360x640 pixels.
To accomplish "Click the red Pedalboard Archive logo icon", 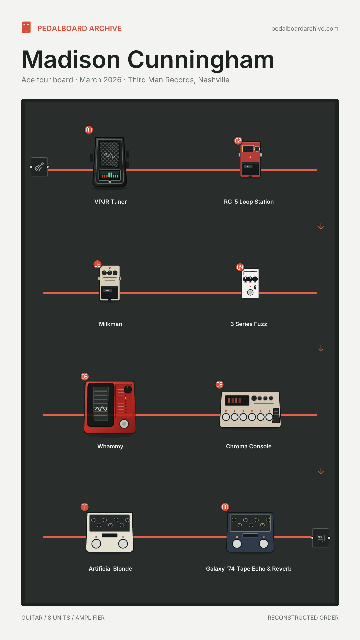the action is point(26,28).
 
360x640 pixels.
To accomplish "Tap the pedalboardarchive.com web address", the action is point(305,29).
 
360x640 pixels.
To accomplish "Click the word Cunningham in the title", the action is point(201,60).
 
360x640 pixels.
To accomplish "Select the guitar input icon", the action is point(39,167).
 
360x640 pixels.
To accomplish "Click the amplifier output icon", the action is point(321,538).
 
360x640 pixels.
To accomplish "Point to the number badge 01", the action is point(89,130).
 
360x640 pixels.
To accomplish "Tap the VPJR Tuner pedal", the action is point(110,162).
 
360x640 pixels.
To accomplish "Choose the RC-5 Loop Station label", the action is point(249,202).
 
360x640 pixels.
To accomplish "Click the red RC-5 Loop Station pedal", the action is point(250,159).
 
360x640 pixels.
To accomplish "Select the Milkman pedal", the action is point(110,283).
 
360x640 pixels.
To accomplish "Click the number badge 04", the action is point(240,267).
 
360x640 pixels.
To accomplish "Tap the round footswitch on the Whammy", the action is point(124,424).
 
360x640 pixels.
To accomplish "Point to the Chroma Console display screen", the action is point(237,400).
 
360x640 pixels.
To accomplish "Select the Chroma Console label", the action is point(249,446).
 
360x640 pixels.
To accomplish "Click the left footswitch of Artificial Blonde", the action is point(96,544).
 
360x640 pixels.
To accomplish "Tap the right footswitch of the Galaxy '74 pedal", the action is point(264,544).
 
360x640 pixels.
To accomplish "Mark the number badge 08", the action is point(225,507).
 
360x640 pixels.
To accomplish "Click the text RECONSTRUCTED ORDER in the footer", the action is point(303,618).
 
